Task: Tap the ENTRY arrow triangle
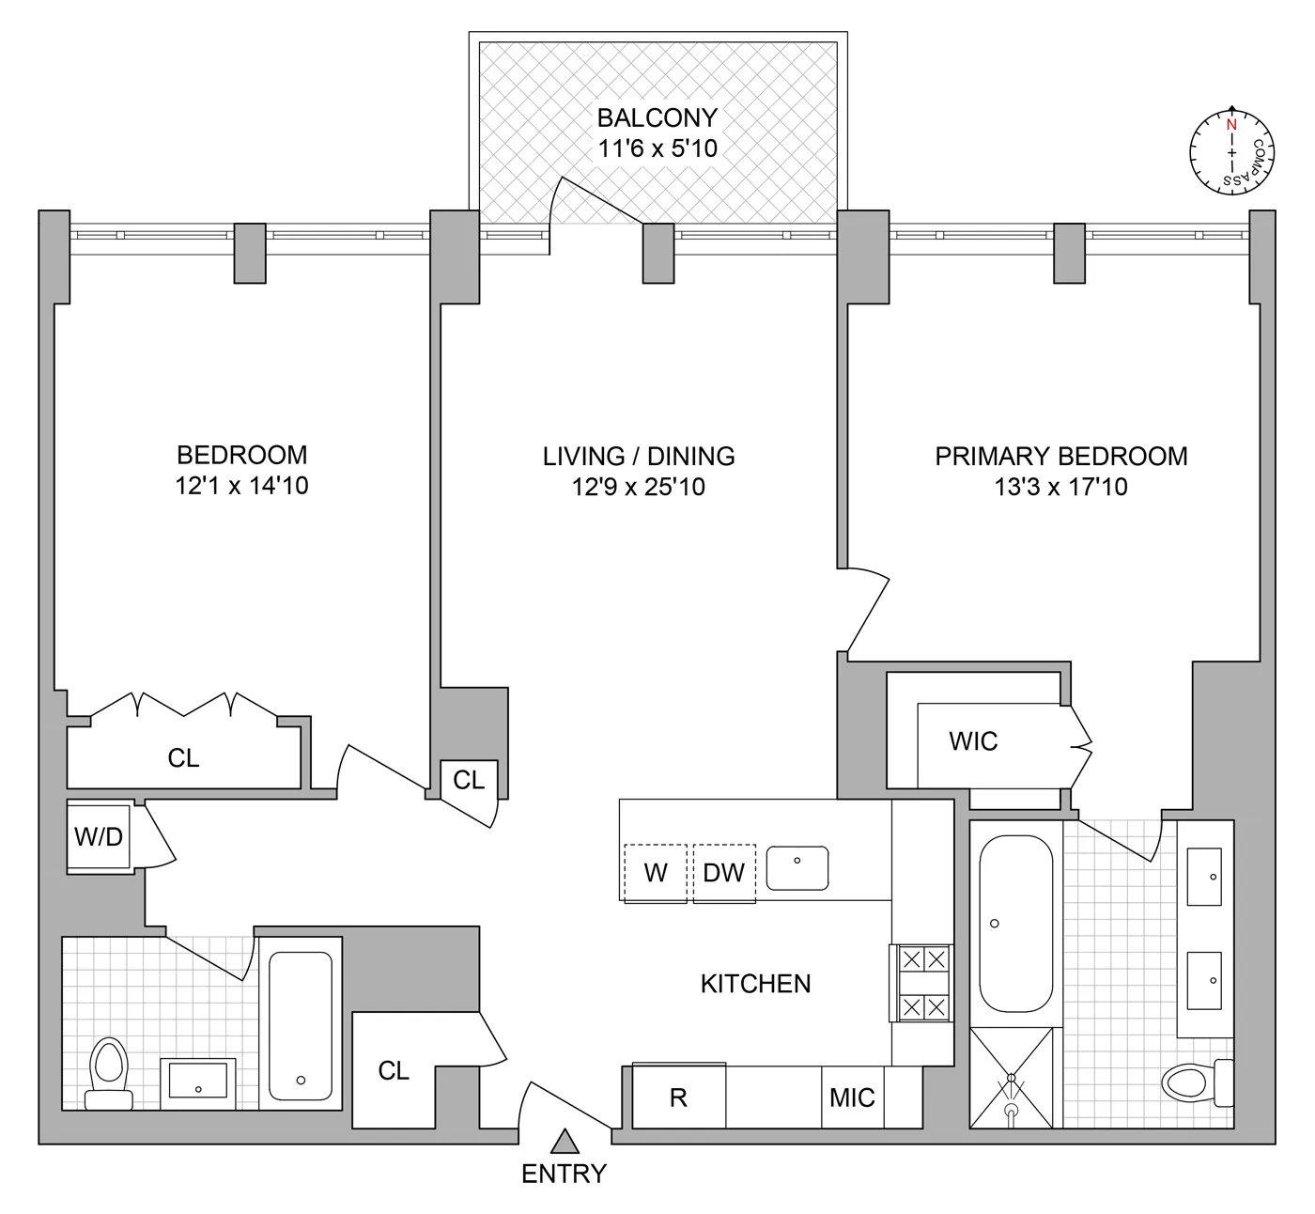coord(564,1141)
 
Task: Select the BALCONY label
coord(657,118)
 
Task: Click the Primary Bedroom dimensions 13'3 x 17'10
coord(1060,487)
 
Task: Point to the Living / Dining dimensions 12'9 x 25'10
coord(638,487)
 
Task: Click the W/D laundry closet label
coord(99,836)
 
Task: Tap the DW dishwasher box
coord(723,873)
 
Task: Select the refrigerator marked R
coord(678,1097)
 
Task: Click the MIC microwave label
coord(852,1097)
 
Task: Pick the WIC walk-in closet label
coord(973,741)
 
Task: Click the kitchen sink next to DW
coord(797,867)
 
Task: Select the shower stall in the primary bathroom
coord(1011,1077)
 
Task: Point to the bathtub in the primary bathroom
coord(1015,924)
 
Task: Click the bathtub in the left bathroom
coord(301,1025)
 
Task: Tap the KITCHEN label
coord(755,984)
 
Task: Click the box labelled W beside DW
coord(656,873)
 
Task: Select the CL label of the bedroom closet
coord(183,758)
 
